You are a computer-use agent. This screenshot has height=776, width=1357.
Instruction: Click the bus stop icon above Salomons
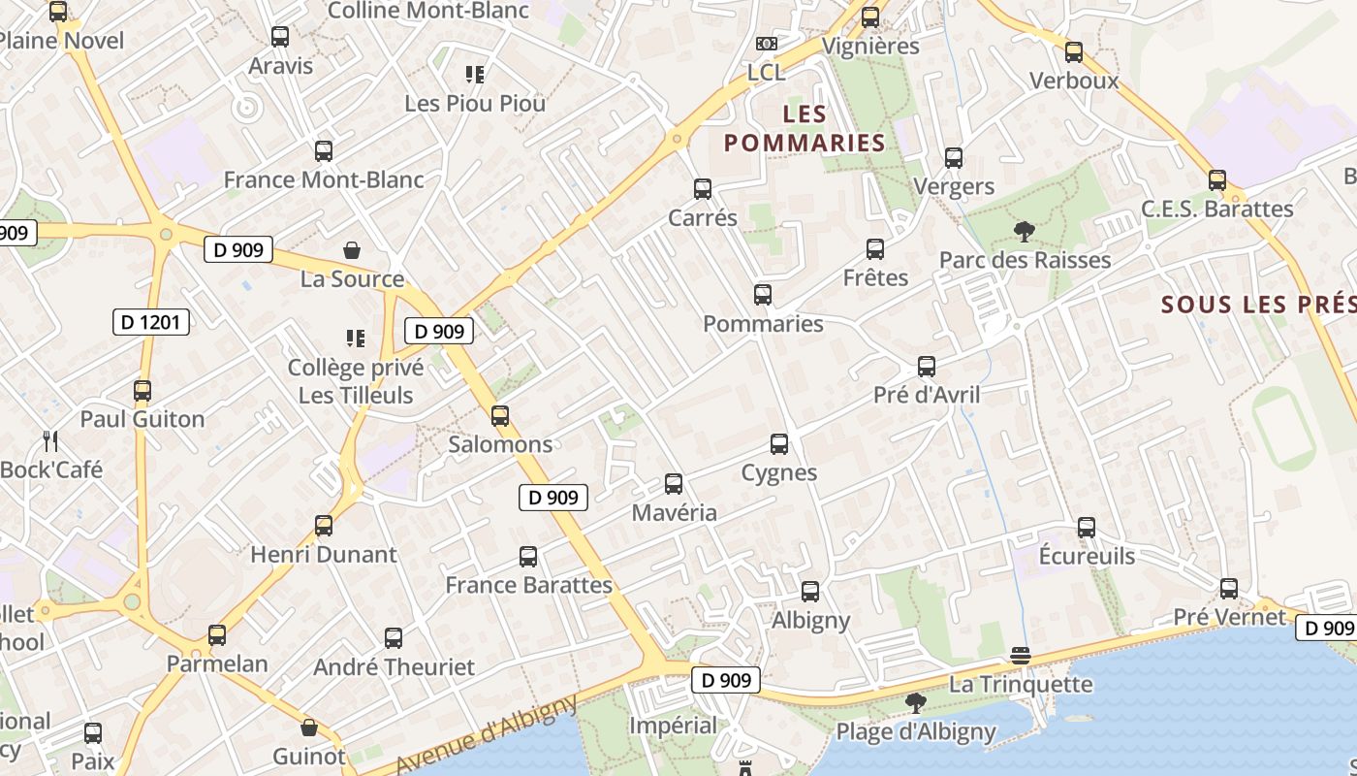point(500,416)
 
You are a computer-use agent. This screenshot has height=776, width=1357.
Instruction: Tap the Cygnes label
point(778,473)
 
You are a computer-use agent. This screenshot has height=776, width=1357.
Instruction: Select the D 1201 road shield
point(151,322)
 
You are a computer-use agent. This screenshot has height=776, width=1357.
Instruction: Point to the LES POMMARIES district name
point(805,129)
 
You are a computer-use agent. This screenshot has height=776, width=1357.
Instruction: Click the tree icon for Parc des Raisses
point(1024,231)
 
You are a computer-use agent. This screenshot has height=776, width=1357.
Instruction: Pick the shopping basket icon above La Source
point(352,250)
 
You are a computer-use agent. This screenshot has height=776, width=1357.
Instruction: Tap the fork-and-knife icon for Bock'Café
point(51,441)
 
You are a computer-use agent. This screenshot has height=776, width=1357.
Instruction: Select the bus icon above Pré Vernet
point(1229,588)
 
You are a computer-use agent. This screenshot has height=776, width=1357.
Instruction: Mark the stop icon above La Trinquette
point(1020,656)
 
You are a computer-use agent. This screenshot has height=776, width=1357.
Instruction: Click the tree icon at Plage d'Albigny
point(915,702)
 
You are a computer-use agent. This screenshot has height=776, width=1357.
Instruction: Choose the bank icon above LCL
point(766,44)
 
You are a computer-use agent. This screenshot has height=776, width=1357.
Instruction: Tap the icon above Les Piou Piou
point(475,74)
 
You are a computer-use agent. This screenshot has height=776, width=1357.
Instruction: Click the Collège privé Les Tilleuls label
point(356,381)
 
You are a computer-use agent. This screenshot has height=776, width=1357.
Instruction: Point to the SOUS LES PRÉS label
point(1258,305)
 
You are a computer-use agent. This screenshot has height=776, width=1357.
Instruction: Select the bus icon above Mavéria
point(674,483)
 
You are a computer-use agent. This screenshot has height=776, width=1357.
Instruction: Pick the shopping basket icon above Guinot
point(309,727)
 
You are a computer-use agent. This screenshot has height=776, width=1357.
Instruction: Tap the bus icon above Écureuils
point(1087,528)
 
